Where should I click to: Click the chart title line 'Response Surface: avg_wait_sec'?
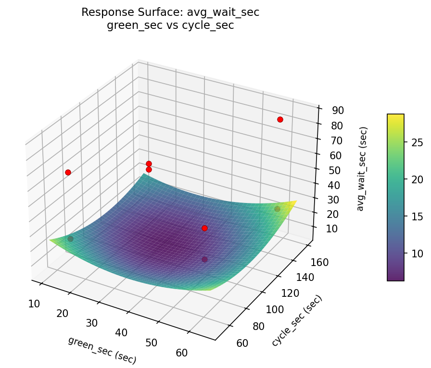click(x=170, y=13)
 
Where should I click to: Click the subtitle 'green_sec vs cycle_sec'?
click(x=170, y=25)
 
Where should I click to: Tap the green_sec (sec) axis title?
click(x=102, y=350)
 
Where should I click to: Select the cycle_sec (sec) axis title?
click(x=296, y=320)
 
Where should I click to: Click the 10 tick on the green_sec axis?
click(x=34, y=304)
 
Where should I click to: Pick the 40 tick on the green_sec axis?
click(x=121, y=333)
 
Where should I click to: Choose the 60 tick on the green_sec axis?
click(x=182, y=353)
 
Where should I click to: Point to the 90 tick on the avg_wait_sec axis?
click(x=338, y=110)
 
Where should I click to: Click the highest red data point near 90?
click(x=280, y=119)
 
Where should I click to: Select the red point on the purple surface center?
click(x=204, y=228)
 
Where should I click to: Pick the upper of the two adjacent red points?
click(x=149, y=164)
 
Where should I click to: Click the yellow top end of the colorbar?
click(x=395, y=116)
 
